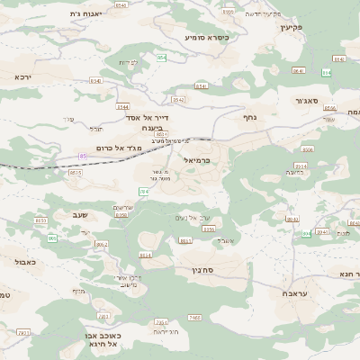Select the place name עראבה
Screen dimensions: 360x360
click(295, 293)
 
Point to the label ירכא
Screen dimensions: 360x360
click(22, 77)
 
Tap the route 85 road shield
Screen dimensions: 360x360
click(84, 157)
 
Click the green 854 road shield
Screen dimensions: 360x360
click(162, 58)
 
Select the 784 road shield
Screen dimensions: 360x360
click(142, 192)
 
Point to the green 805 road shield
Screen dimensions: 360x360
click(52, 238)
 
